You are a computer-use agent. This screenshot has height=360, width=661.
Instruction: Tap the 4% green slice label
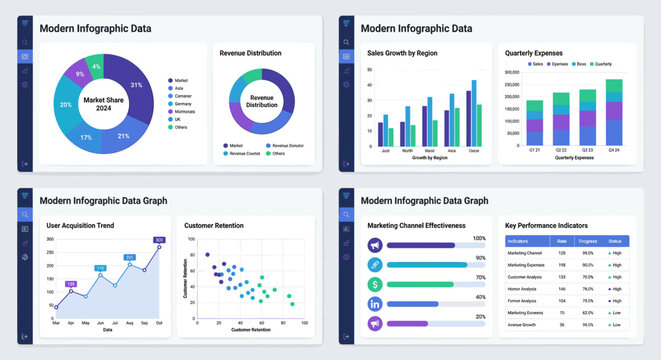(x=96, y=66)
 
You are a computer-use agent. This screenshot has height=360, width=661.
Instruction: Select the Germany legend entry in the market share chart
(x=182, y=103)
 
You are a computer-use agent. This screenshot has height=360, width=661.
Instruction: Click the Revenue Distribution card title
(x=250, y=52)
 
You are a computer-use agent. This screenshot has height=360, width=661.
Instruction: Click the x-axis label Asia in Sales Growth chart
(x=452, y=150)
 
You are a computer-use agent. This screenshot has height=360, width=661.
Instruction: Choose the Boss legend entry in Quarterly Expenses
(x=580, y=63)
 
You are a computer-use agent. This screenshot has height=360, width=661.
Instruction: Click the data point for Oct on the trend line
(x=159, y=246)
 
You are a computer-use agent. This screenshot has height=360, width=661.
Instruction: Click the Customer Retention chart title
(x=216, y=226)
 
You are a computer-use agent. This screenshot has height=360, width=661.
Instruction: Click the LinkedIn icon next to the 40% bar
(x=375, y=303)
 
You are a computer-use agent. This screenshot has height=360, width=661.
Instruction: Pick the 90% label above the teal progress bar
(x=480, y=258)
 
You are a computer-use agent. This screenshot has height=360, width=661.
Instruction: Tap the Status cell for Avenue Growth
(x=614, y=324)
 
